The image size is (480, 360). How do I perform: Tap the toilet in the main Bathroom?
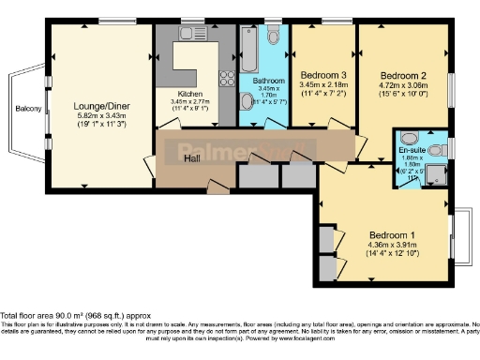pyautogui.click(x=273, y=37)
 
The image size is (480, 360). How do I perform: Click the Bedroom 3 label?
pyautogui.click(x=322, y=76)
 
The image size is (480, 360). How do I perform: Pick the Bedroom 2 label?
pyautogui.click(x=403, y=76)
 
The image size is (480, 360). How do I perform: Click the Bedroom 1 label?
pyautogui.click(x=387, y=234)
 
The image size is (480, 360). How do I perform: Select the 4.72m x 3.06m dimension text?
pyautogui.click(x=403, y=86)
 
